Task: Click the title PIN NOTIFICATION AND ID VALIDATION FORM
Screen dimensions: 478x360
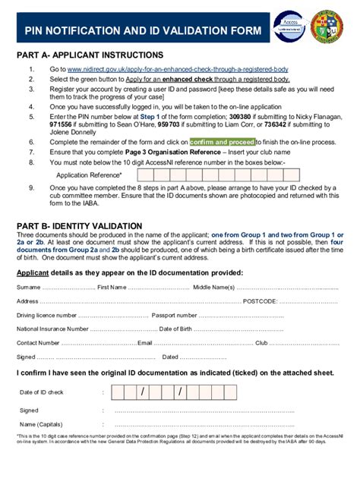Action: [142, 30]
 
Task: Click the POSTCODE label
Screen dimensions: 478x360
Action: [261, 301]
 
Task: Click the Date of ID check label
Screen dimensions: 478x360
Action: [42, 392]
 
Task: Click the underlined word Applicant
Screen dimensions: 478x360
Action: [33, 272]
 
